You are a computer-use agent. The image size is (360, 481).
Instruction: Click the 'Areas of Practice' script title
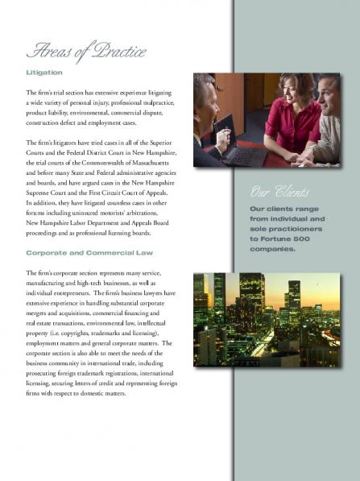coord(86,52)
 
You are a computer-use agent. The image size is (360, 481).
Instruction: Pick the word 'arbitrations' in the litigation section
coord(152,213)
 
